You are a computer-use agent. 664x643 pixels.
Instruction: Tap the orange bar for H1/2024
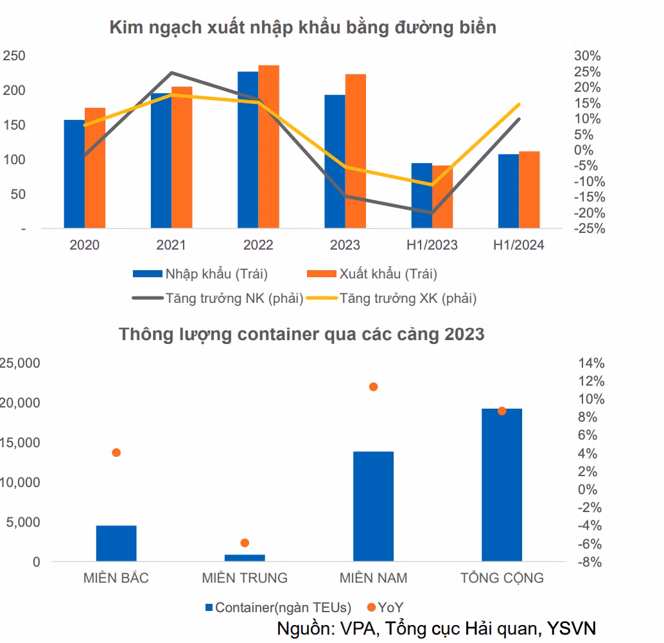[529, 189]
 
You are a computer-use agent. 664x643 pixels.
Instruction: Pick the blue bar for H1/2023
[421, 195]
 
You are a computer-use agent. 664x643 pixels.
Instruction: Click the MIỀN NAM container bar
[373, 506]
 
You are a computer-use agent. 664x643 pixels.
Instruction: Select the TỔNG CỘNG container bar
[502, 485]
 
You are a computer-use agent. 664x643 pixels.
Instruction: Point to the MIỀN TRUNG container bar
[245, 558]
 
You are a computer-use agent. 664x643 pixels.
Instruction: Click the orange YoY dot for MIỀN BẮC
[116, 452]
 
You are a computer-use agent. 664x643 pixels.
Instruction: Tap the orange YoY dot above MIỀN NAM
[373, 387]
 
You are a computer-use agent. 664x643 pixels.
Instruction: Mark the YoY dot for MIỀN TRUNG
[245, 543]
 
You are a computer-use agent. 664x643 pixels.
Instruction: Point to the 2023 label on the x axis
[345, 245]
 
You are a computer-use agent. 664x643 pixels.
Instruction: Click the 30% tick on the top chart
[587, 56]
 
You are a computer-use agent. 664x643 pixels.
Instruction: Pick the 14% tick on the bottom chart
[591, 363]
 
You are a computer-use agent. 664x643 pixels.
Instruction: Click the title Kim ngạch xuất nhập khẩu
[302, 28]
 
